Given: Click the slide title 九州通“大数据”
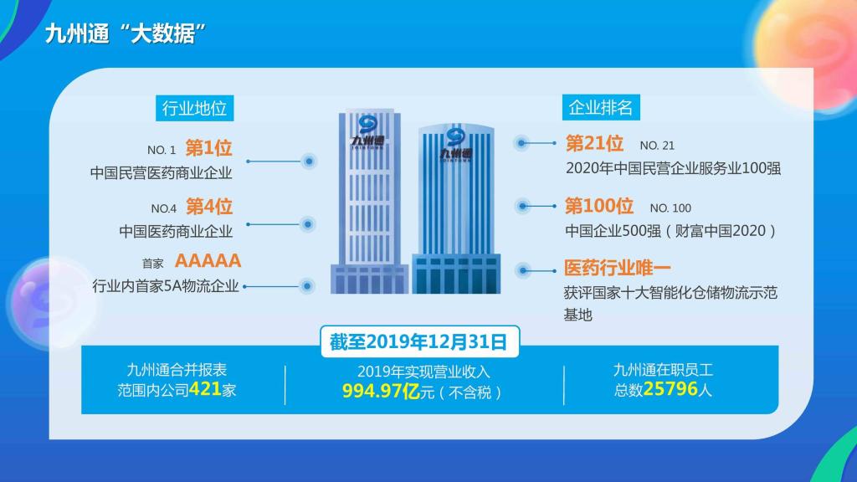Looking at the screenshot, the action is click(126, 33).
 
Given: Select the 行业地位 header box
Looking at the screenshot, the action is click(194, 108).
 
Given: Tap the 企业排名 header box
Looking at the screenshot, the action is click(601, 107).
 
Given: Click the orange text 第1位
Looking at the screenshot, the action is click(208, 148).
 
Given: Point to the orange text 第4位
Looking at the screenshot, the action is click(209, 207).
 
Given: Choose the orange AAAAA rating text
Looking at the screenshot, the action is click(208, 261).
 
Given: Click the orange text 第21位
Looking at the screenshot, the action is click(594, 143).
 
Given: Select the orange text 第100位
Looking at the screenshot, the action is click(599, 206).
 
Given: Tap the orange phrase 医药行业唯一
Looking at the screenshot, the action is click(618, 269).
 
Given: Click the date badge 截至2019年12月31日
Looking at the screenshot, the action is click(419, 342).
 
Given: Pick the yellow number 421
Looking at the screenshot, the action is click(205, 389).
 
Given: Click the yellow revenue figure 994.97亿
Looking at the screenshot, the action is click(381, 392).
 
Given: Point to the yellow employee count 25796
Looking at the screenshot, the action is click(670, 388).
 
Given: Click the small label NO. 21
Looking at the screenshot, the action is click(657, 146).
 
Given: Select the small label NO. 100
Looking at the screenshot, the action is click(670, 208).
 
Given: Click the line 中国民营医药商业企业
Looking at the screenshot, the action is click(162, 173).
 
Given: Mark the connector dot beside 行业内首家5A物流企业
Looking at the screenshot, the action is click(307, 286).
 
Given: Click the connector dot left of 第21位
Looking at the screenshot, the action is click(521, 143).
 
